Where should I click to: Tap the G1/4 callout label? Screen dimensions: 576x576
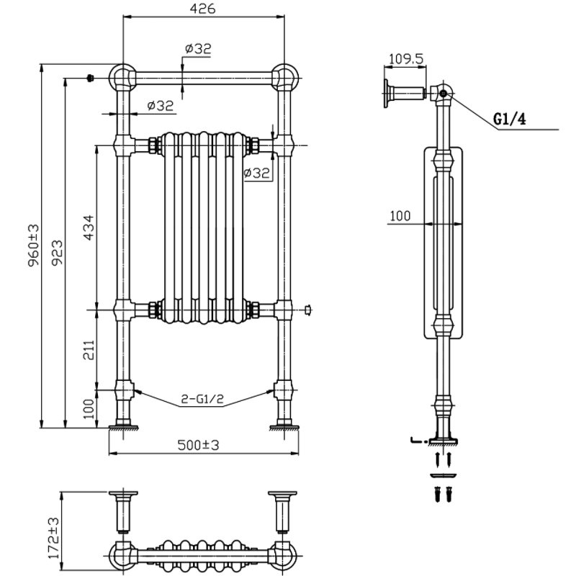click(x=510, y=120)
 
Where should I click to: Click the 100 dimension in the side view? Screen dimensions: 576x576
click(x=400, y=215)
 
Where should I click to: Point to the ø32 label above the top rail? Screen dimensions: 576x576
click(x=198, y=48)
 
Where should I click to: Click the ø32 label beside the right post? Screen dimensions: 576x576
click(x=256, y=173)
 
